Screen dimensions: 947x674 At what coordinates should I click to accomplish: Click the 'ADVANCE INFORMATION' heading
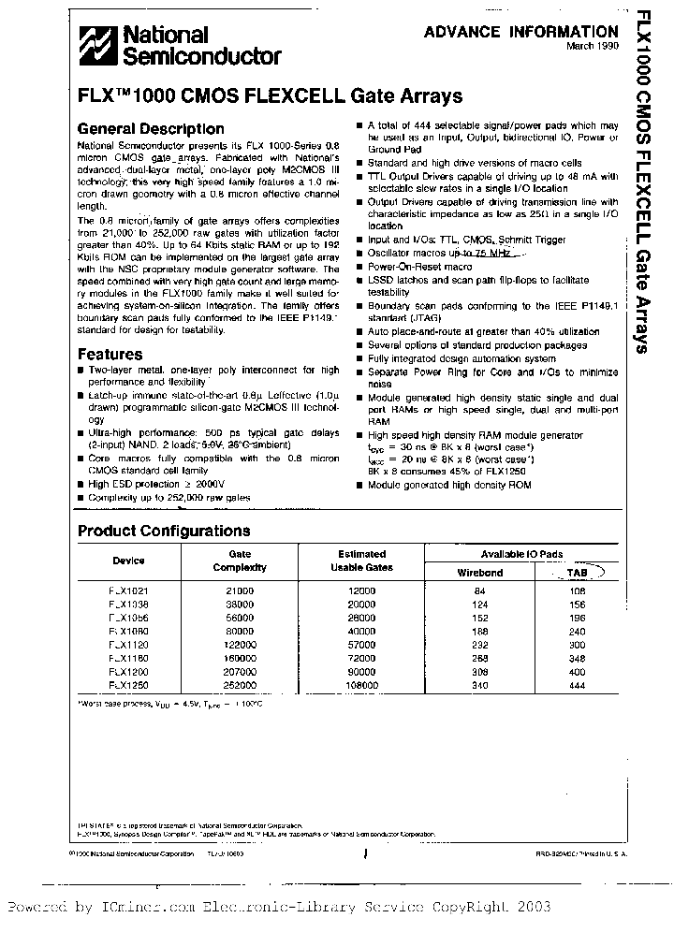(x=520, y=32)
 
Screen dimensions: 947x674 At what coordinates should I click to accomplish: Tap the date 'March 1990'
(x=592, y=47)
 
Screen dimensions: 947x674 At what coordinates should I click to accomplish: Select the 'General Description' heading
(x=151, y=129)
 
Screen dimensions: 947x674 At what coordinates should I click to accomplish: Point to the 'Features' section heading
(x=110, y=355)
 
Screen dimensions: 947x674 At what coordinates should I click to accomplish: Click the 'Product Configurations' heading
(x=164, y=531)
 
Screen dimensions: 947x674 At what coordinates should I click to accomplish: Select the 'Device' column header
(x=129, y=561)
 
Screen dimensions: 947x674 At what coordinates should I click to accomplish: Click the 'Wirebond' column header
(x=480, y=573)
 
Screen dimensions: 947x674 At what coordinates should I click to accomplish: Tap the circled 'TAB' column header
(x=579, y=573)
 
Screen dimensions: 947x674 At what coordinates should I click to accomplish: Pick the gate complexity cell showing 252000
(x=240, y=685)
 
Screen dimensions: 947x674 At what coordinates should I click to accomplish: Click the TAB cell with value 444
(x=578, y=685)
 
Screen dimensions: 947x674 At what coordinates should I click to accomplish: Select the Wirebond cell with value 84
(x=480, y=591)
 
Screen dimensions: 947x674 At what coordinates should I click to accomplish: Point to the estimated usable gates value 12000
(x=361, y=591)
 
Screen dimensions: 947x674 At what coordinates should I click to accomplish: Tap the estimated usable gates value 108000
(x=361, y=685)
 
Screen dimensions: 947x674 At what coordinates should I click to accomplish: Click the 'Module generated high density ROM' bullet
(x=449, y=486)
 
